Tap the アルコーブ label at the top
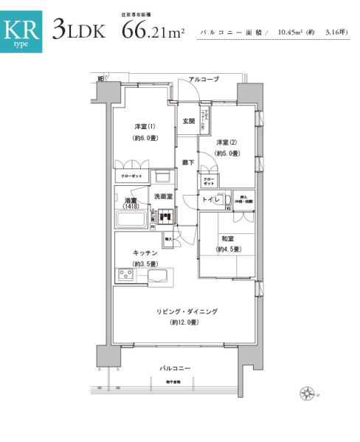[x=203, y=79]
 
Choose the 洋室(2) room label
[x=226, y=142]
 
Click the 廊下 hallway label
[x=188, y=162]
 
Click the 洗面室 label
[x=162, y=196]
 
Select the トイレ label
[x=212, y=200]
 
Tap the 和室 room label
[x=226, y=238]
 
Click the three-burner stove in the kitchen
[x=125, y=275]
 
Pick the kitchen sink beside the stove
[x=159, y=275]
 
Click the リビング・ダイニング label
[x=186, y=312]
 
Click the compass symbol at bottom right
[x=305, y=393]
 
